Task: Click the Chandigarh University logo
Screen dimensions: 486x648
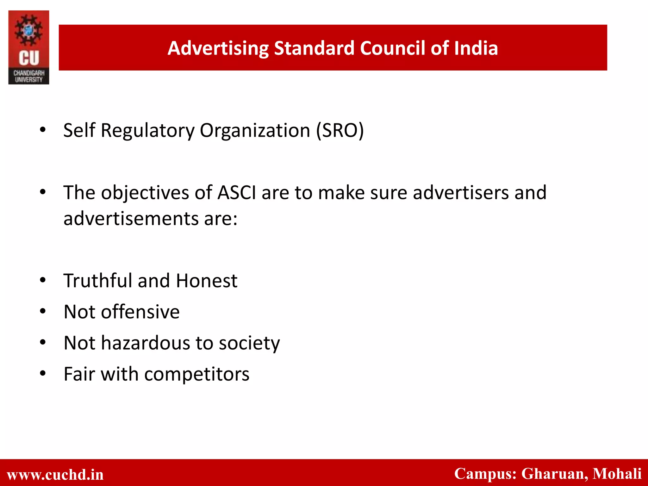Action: coord(29,47)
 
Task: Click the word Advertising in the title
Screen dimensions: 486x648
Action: coord(218,48)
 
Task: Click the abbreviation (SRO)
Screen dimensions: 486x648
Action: coord(340,130)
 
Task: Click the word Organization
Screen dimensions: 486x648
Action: coord(255,130)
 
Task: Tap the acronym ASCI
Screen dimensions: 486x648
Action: coord(237,193)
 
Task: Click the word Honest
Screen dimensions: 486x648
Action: coord(207,281)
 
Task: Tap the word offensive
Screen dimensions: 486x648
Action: coord(140,312)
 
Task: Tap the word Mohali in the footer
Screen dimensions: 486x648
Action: coord(617,474)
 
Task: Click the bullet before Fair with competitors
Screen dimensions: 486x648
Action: coord(43,374)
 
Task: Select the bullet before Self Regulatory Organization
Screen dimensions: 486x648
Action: coord(43,130)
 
